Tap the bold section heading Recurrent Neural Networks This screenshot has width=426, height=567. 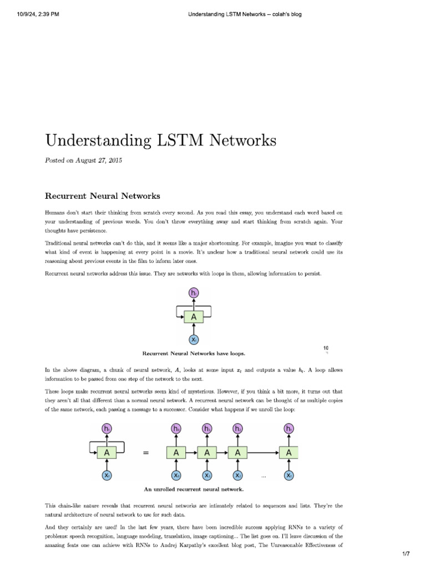click(103, 196)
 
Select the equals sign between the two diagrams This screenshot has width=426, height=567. click(146, 453)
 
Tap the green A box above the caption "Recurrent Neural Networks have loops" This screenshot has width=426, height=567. click(194, 317)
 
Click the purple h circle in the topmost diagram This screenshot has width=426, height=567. click(194, 293)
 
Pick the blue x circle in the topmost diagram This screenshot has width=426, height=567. click(194, 339)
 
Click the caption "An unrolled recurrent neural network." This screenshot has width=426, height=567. click(194, 489)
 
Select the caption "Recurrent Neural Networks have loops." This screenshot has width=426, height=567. click(194, 353)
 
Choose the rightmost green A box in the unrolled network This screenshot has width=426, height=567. click(288, 453)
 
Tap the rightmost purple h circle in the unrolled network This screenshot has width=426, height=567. click(288, 429)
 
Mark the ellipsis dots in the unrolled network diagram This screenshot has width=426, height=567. click(264, 476)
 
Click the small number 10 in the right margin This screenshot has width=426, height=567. click(326, 348)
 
